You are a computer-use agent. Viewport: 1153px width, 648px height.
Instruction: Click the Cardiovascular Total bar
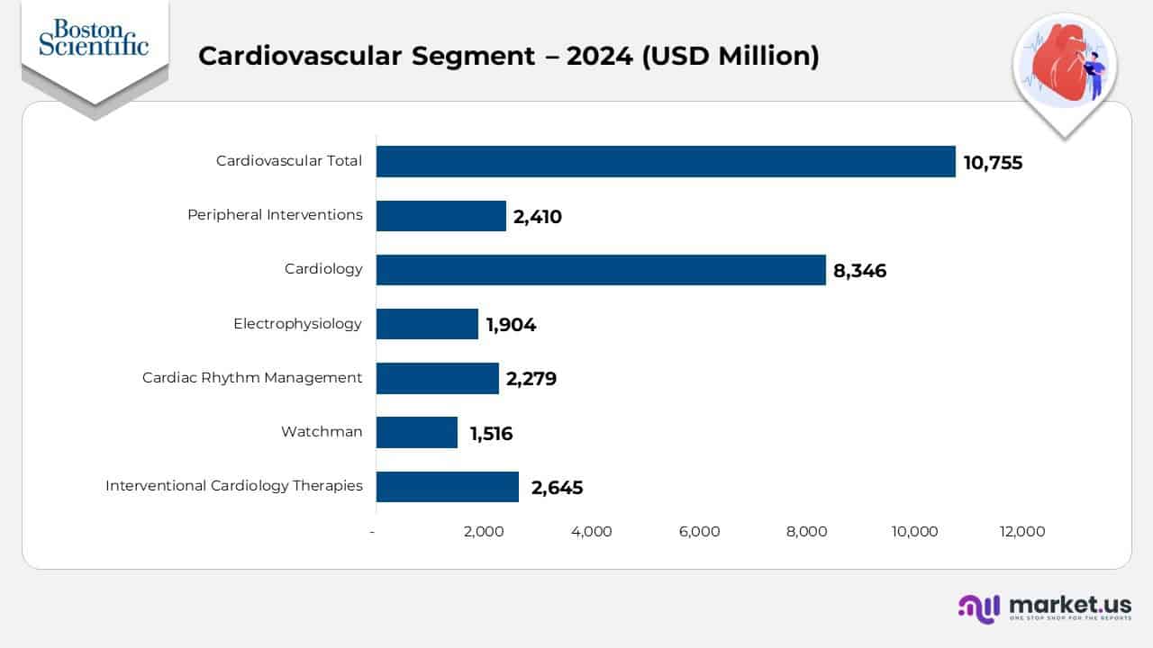pyautogui.click(x=666, y=162)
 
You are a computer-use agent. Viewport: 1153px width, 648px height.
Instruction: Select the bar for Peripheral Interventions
pyautogui.click(x=441, y=216)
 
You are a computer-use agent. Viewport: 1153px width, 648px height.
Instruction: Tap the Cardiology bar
pyautogui.click(x=601, y=270)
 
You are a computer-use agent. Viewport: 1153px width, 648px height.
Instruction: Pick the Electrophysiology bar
pyautogui.click(x=427, y=324)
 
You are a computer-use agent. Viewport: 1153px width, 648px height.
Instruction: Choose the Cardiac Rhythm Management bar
pyautogui.click(x=438, y=378)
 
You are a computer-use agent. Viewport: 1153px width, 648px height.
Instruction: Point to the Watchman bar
pyautogui.click(x=417, y=432)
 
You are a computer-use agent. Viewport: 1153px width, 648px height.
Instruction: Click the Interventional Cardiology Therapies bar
pyautogui.click(x=448, y=487)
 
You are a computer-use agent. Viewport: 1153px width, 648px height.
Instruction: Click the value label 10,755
pyautogui.click(x=993, y=163)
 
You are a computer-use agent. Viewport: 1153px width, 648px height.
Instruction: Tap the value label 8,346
pyautogui.click(x=859, y=271)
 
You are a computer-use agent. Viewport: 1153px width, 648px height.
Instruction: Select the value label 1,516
pyautogui.click(x=491, y=434)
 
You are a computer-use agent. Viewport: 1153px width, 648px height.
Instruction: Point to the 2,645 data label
pyautogui.click(x=557, y=488)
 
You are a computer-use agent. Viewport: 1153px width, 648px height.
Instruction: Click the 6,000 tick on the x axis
pyautogui.click(x=699, y=532)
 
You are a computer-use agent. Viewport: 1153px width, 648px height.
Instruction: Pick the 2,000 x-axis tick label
pyautogui.click(x=484, y=532)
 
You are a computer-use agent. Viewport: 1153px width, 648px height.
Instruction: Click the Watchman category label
pyautogui.click(x=322, y=432)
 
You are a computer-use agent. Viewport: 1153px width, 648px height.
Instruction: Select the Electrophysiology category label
pyautogui.click(x=297, y=324)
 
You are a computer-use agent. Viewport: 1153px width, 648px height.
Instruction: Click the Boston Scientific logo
pyautogui.click(x=94, y=38)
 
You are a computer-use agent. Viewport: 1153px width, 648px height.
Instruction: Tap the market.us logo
pyautogui.click(x=1045, y=607)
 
